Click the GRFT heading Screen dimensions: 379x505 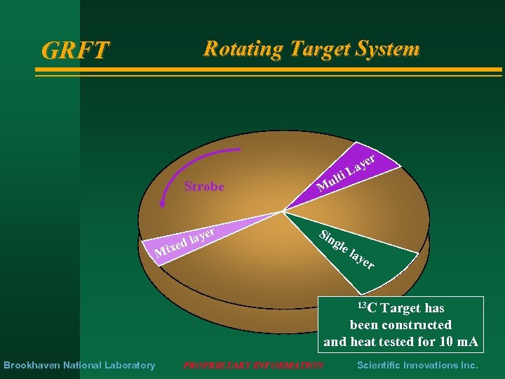pyautogui.click(x=76, y=50)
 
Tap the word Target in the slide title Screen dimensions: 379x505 pyautogui.click(x=316, y=48)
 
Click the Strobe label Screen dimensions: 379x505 pyautogui.click(x=204, y=187)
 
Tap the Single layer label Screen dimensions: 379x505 pyautogui.click(x=347, y=249)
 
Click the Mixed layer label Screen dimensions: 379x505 pyautogui.click(x=184, y=241)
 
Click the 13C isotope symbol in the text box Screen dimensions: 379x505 pyautogui.click(x=366, y=307)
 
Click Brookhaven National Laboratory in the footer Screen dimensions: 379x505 pyautogui.click(x=79, y=365)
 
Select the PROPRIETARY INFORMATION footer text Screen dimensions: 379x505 pyautogui.click(x=253, y=365)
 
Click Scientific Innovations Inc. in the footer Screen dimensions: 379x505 pyautogui.click(x=417, y=365)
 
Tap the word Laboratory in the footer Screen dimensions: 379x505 pyautogui.click(x=130, y=365)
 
